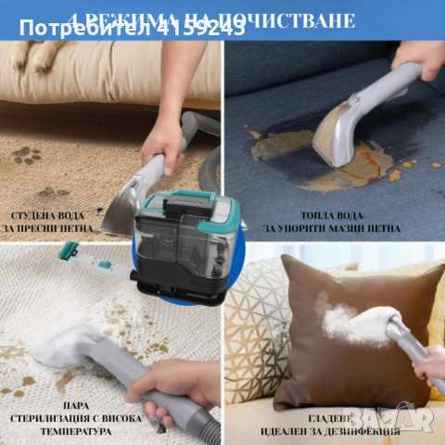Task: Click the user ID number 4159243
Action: [203, 29]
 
